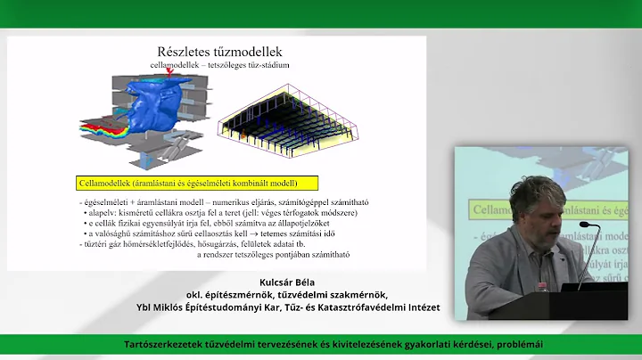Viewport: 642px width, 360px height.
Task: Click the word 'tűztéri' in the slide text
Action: tap(96, 242)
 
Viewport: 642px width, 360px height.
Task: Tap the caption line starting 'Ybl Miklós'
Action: tap(256, 307)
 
